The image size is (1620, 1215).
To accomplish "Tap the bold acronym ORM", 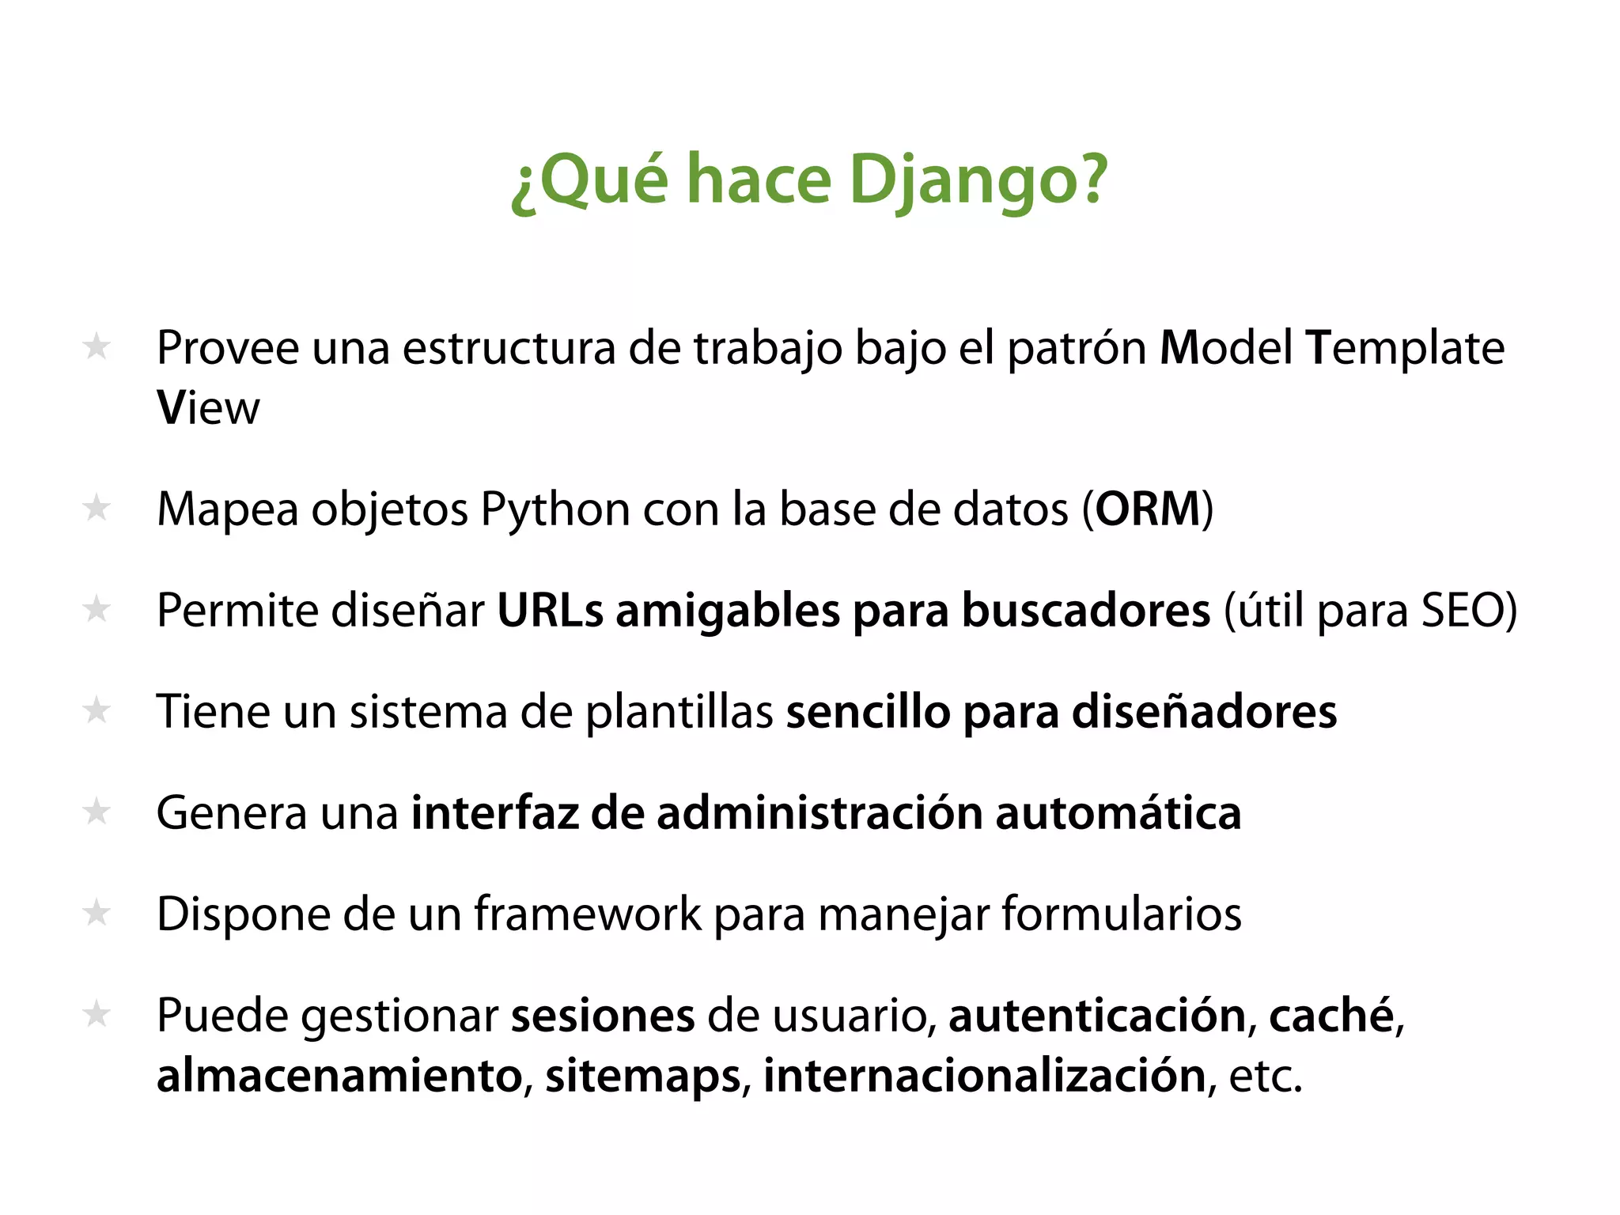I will coord(1148,509).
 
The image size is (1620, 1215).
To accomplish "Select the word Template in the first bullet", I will coord(1405,348).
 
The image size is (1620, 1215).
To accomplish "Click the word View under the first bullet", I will coord(208,408).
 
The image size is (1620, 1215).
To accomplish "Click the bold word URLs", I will coord(550,611).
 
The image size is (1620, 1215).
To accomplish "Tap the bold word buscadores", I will coord(1086,611).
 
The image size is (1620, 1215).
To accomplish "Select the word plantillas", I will coord(679,712).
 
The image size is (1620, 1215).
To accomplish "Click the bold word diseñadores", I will coord(1204,712).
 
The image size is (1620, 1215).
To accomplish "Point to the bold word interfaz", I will coord(494,813).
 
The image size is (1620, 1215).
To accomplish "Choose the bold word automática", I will coord(1118,813).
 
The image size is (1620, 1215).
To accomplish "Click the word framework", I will coord(587,914).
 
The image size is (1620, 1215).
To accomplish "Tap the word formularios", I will coord(1121,914).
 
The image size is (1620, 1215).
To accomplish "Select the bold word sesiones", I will coord(603,1016).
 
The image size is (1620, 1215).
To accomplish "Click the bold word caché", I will coord(1330,1016).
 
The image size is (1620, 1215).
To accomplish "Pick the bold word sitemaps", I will coord(643,1077).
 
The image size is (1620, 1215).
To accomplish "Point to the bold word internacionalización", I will coord(984,1077).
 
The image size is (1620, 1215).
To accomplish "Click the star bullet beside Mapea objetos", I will coord(97,508).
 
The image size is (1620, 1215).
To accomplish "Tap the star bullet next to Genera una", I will coord(97,812).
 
